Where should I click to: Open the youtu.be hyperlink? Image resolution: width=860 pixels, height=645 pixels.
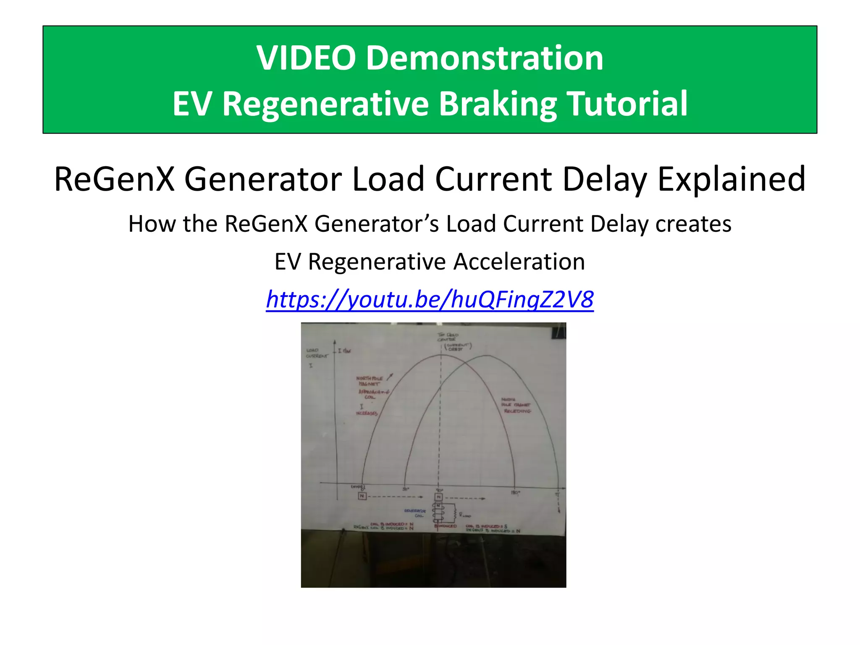[430, 299]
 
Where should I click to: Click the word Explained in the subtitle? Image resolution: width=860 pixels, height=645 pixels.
[731, 179]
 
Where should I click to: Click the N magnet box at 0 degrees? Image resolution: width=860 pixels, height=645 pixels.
[362, 496]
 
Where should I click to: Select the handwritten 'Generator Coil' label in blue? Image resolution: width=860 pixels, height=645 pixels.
[415, 513]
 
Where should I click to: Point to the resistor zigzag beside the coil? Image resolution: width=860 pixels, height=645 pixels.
[454, 511]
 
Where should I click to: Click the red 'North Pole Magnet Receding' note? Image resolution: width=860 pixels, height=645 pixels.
[516, 405]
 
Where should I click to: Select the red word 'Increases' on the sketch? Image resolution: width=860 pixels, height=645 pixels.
[367, 413]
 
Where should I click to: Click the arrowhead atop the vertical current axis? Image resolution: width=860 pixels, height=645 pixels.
[335, 342]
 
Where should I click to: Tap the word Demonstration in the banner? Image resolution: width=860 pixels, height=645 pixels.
[485, 58]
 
